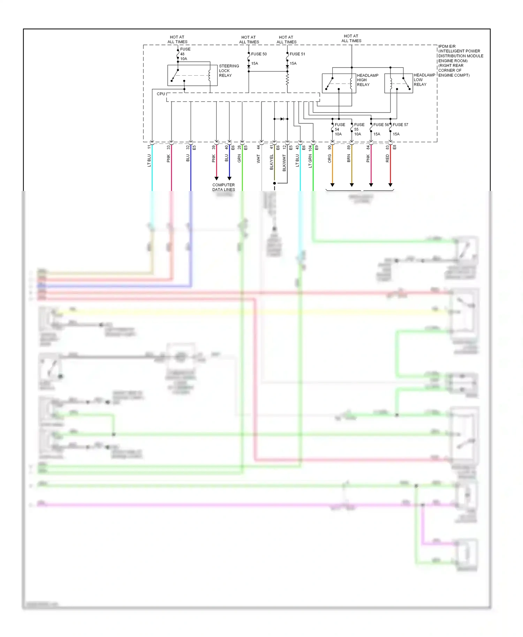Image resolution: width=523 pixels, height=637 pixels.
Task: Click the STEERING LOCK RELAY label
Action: click(x=229, y=71)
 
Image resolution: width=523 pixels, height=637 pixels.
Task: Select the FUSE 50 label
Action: click(x=259, y=54)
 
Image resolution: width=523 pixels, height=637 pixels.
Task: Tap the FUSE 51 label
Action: click(x=297, y=54)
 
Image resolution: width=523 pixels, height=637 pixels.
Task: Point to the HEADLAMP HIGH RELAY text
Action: click(x=367, y=80)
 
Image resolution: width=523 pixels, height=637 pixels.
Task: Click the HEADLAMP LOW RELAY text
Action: click(x=424, y=80)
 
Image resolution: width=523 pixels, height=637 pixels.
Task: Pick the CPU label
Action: click(x=161, y=94)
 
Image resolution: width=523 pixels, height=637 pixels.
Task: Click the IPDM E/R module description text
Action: click(x=460, y=61)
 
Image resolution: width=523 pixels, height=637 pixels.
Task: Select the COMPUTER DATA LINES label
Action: click(x=223, y=187)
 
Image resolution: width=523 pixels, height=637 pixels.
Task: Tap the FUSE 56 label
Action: click(x=381, y=125)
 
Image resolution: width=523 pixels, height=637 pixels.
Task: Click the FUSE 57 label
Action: click(x=400, y=125)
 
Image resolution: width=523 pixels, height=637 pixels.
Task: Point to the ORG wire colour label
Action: click(x=329, y=159)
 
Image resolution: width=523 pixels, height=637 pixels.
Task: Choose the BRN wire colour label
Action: click(x=349, y=159)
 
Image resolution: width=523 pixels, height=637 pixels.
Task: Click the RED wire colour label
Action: click(x=387, y=159)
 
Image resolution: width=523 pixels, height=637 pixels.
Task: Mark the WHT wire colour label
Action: click(x=258, y=159)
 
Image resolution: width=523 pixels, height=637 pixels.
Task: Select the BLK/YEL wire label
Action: click(x=272, y=162)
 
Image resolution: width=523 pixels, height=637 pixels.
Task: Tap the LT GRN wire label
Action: click(x=310, y=161)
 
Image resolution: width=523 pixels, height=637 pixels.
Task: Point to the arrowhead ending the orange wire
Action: click(x=332, y=185)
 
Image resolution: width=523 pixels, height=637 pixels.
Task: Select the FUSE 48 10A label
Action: click(x=184, y=54)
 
